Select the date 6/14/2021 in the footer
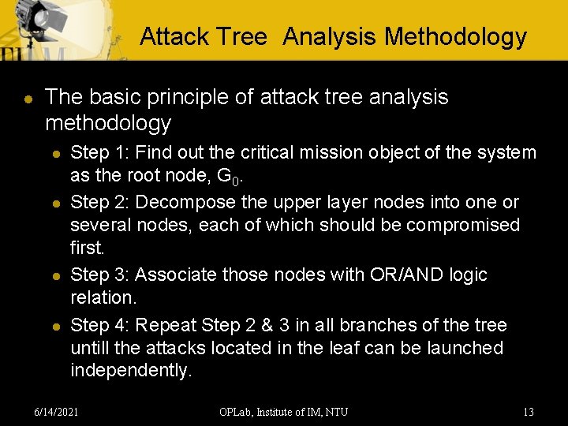(57, 411)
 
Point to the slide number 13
(529, 411)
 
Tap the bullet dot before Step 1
(53, 153)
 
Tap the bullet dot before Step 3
(53, 276)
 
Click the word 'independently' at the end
(130, 371)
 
